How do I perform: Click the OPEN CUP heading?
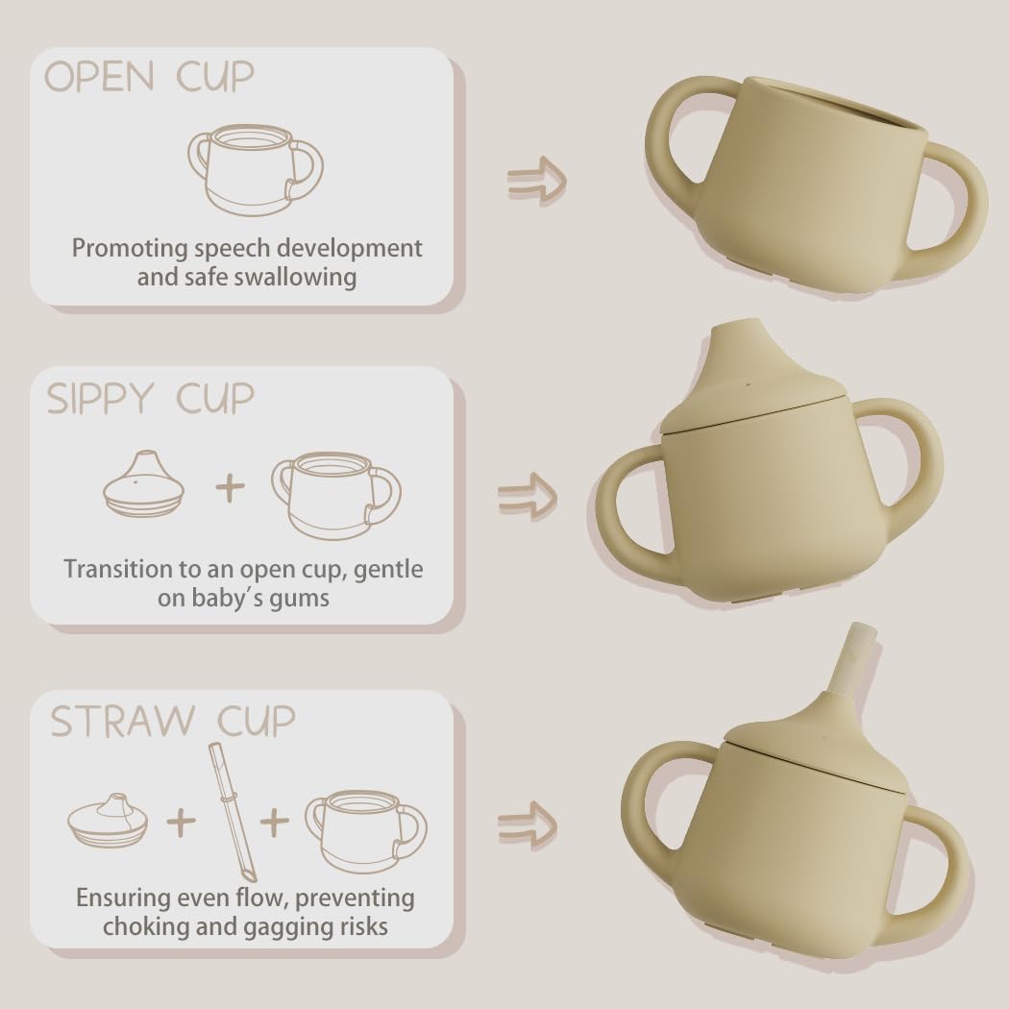149,77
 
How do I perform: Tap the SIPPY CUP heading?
151,399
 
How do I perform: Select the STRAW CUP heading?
172,721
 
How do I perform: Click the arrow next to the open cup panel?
536,181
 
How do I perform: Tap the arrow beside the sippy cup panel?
527,497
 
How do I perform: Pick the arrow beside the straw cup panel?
527,826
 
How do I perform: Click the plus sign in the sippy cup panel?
230,488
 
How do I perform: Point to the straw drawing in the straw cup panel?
231,812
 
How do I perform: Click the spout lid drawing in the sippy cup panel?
143,482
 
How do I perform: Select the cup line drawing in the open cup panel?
256,170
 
